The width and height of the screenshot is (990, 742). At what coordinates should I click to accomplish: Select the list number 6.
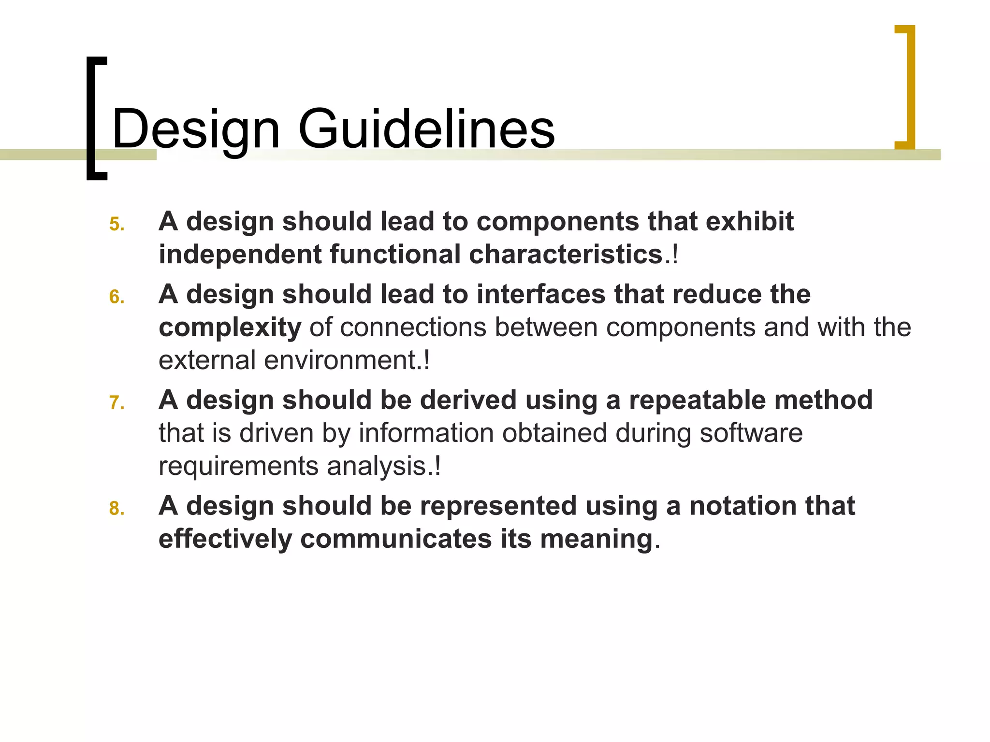coord(116,297)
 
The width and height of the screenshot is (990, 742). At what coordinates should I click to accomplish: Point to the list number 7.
coord(116,403)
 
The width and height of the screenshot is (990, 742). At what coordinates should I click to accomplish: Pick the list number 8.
coord(116,509)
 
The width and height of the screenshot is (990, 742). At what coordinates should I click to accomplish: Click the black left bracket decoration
coord(95,118)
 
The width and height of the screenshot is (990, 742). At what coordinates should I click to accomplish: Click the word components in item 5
coord(557,222)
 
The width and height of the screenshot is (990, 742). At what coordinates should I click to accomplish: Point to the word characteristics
coord(566,255)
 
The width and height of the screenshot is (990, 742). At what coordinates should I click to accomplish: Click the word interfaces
coord(541,294)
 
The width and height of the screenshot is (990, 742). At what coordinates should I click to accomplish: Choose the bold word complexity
coord(230,328)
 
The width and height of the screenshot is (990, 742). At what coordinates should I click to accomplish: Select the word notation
coord(742,506)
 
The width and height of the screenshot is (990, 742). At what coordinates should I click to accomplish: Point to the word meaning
coord(597,539)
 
